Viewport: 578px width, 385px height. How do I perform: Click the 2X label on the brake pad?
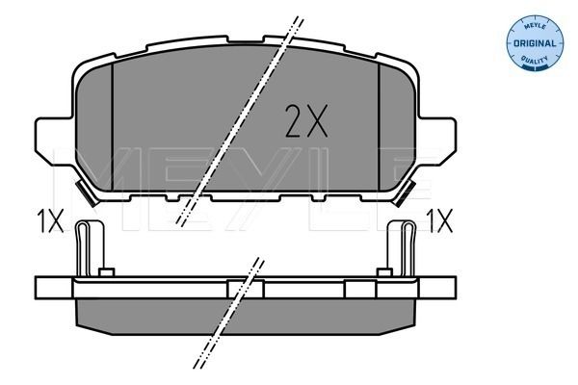point(306,121)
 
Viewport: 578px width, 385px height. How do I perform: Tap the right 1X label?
point(438,223)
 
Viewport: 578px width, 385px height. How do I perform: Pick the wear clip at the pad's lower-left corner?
point(85,198)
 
